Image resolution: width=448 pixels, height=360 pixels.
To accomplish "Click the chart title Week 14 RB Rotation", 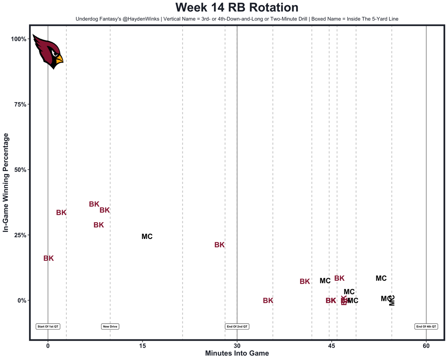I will (x=237, y=8).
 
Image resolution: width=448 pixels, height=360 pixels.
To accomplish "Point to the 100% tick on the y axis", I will (x=19, y=39).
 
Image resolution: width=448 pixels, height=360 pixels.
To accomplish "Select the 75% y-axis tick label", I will (x=20, y=104).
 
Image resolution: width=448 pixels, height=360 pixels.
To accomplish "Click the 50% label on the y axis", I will (x=20, y=170).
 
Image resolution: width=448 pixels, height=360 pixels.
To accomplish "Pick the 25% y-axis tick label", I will (x=20, y=235).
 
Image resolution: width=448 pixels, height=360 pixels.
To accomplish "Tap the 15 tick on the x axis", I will (x=142, y=346).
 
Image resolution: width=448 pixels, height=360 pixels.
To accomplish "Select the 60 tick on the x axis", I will (x=426, y=346).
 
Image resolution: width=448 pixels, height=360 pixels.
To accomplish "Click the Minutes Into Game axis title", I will (x=237, y=353).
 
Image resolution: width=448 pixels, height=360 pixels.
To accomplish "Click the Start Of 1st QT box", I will (x=48, y=326).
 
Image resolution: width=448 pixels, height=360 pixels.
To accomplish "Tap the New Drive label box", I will (x=110, y=326).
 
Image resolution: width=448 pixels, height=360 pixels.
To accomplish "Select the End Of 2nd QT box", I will (x=237, y=326).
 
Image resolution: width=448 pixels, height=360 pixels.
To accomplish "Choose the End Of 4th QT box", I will (x=426, y=326).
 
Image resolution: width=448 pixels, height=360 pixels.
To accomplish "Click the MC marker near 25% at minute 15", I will (x=147, y=237).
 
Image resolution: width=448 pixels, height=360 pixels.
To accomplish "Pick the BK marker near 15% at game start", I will (x=49, y=258).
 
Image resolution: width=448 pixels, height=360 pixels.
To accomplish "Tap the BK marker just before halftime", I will (x=219, y=245).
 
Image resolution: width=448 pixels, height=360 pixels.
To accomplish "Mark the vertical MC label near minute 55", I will (x=392, y=300).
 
